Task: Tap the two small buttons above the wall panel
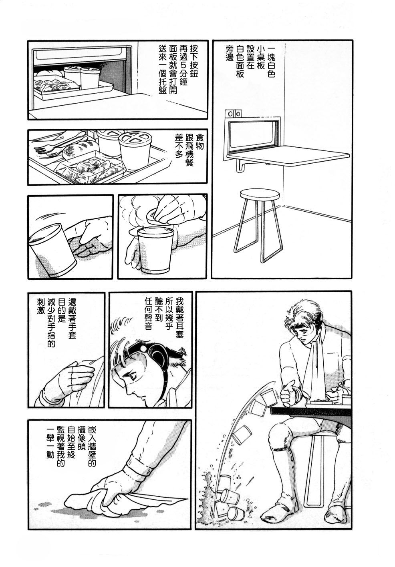[234, 113]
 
